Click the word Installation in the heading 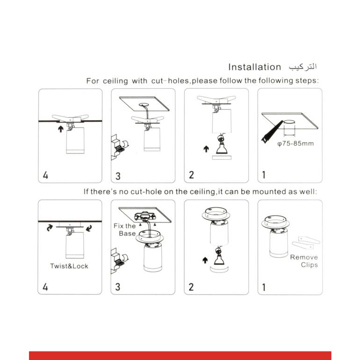[x=255, y=67]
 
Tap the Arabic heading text [x=303, y=67]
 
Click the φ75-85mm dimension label [x=295, y=144]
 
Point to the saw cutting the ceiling [x=272, y=131]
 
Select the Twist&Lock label [x=69, y=266]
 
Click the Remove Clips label [x=304, y=261]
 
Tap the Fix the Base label [x=125, y=230]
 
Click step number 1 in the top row [x=264, y=175]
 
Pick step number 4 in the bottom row [x=45, y=287]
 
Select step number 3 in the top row [x=118, y=176]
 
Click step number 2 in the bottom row [x=191, y=287]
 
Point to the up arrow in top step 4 [x=61, y=129]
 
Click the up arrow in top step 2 [x=206, y=149]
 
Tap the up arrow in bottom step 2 [x=205, y=260]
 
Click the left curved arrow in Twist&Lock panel [x=50, y=228]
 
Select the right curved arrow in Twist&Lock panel [x=89, y=228]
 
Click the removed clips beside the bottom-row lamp [x=306, y=243]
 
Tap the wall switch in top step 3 [x=118, y=147]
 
